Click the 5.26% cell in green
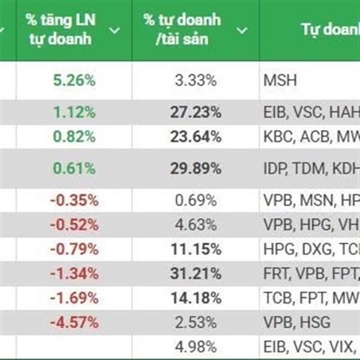(74, 80)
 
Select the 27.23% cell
(198, 112)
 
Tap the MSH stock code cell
(280, 80)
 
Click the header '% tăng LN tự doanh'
(61, 29)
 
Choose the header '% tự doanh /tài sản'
(182, 29)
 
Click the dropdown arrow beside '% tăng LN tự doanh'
(115, 30)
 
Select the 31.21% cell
(198, 274)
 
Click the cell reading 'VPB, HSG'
(296, 322)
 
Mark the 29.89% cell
(198, 169)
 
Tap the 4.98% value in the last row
(198, 346)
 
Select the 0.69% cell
(198, 200)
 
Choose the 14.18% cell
(198, 298)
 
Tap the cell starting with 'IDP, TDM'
(309, 169)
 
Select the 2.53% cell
(198, 322)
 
